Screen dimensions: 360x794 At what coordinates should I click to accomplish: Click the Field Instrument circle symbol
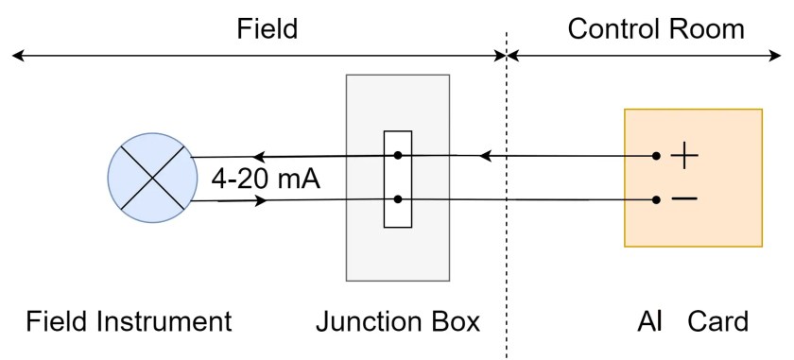[150, 178]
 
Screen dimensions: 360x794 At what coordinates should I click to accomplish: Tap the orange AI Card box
[693, 178]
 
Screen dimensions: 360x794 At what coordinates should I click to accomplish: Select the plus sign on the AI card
[683, 156]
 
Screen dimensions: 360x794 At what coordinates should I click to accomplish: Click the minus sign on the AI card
[684, 198]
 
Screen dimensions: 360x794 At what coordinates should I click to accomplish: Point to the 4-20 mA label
[266, 179]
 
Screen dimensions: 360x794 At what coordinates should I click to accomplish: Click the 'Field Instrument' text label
[129, 321]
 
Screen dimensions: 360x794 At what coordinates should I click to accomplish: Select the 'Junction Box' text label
[398, 321]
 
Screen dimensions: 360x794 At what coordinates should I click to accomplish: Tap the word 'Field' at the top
[267, 28]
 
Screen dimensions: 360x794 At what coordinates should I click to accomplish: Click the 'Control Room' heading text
[656, 28]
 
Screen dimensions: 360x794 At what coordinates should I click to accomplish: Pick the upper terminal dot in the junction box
[398, 155]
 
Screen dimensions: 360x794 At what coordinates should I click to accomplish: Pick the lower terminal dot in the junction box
[398, 198]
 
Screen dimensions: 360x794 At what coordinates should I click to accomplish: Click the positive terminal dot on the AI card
[657, 156]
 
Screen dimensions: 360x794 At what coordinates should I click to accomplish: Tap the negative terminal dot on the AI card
[657, 198]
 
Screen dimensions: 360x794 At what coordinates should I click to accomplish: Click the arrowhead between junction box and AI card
[485, 155]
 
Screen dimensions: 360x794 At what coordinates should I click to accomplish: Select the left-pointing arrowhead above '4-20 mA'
[258, 156]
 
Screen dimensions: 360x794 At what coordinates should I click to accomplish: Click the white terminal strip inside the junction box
[398, 178]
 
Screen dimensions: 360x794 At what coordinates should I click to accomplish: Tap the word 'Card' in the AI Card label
[717, 321]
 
